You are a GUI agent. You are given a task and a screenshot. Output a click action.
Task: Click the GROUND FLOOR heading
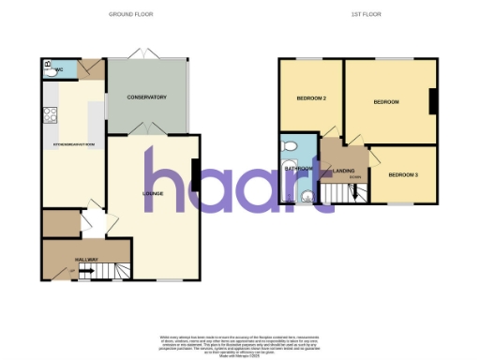[x=130, y=15]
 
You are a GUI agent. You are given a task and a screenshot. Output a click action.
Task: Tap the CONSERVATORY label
[x=147, y=97]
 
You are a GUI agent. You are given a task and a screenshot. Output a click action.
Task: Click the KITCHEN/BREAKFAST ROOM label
[x=74, y=144]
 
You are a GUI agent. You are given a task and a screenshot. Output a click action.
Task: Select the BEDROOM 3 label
[x=402, y=173]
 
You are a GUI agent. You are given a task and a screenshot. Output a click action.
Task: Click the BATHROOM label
[x=301, y=169]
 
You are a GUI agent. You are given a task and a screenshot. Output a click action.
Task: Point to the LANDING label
[x=344, y=169]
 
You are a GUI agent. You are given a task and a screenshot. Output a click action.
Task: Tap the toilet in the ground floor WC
[x=48, y=68]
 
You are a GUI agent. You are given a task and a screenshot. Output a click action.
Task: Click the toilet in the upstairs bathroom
[x=290, y=145]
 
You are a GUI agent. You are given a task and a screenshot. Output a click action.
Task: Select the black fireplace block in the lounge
[x=195, y=174]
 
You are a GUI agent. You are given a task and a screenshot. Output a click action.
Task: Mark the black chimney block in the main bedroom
[x=433, y=100]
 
